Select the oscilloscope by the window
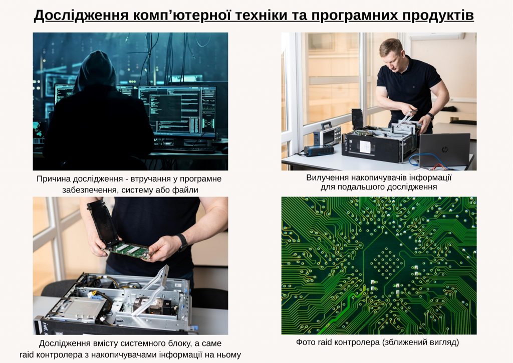(327, 134)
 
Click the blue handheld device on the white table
(319, 150)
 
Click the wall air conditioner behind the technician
(436, 36)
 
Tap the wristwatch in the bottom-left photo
(182, 242)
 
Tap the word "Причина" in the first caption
(54, 178)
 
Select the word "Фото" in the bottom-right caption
(306, 342)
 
